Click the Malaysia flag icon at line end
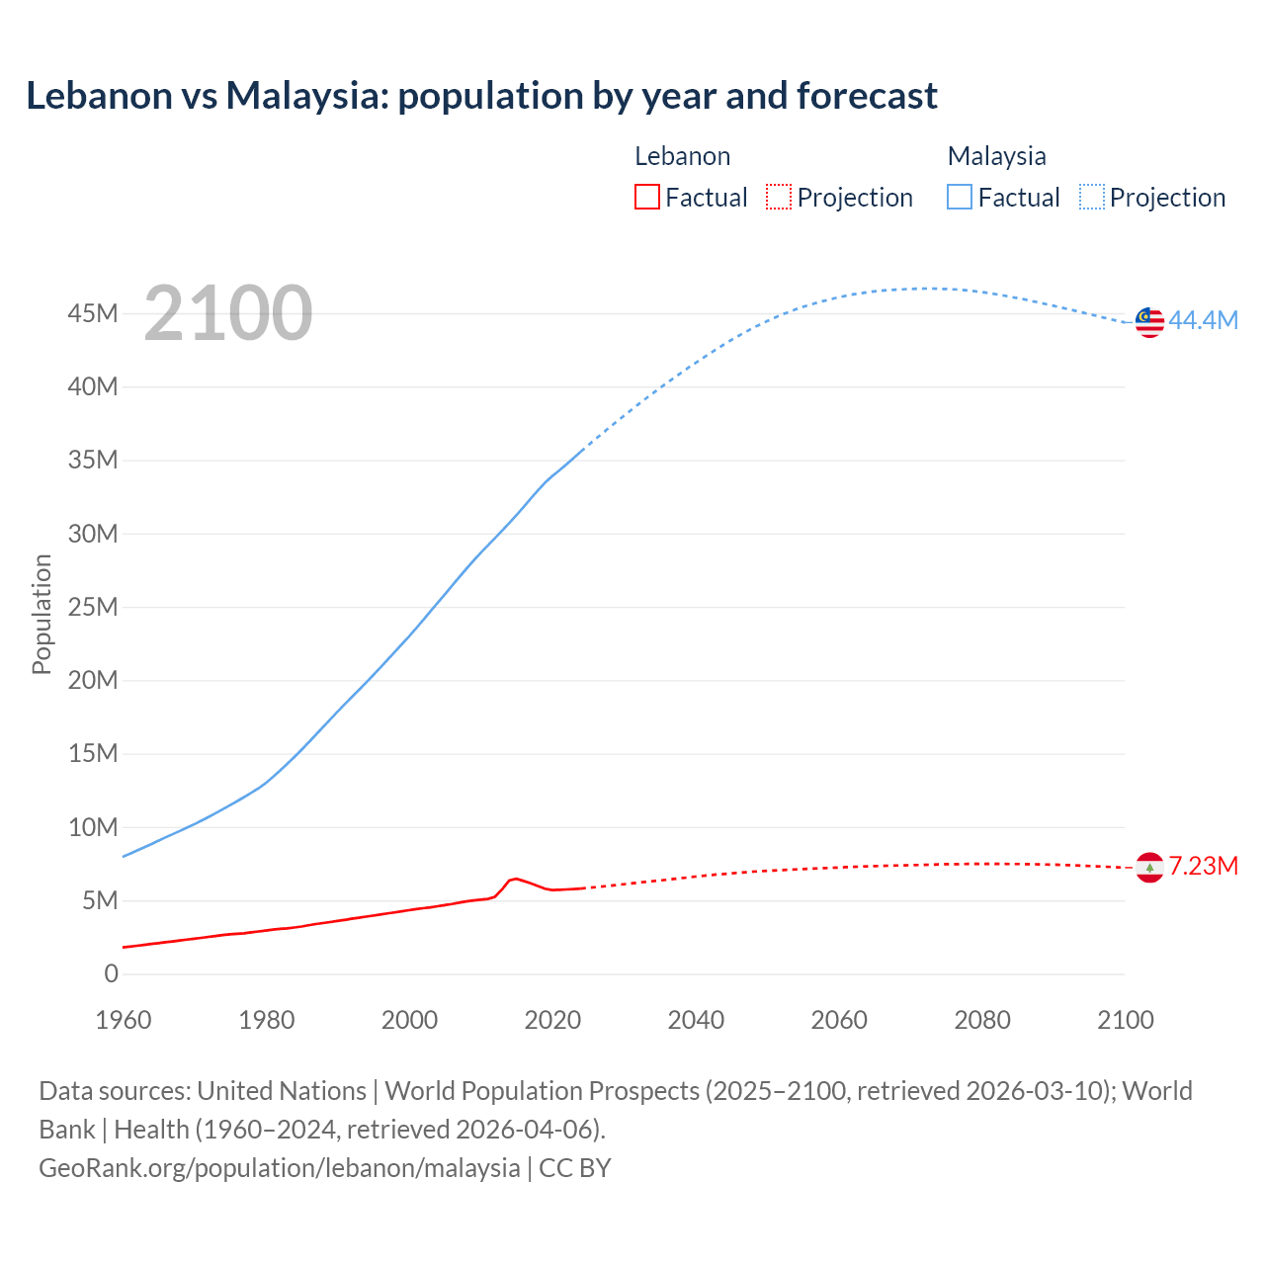click(x=1149, y=321)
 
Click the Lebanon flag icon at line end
click(x=1149, y=867)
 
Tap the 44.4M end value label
click(x=1203, y=320)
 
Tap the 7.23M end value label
click(x=1203, y=867)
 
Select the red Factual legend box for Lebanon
click(x=646, y=198)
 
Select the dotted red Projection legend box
click(x=779, y=198)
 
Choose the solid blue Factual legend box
click(x=960, y=198)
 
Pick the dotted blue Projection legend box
click(x=1091, y=198)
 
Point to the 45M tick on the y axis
click(x=92, y=314)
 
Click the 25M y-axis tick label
click(x=92, y=607)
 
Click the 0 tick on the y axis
click(x=111, y=973)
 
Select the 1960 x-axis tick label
click(x=124, y=1020)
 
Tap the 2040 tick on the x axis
click(x=696, y=1020)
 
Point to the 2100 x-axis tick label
click(x=1126, y=1020)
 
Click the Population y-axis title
click(x=42, y=614)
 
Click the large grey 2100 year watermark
click(x=228, y=313)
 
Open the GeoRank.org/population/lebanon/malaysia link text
click(x=279, y=1168)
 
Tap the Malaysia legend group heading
click(x=996, y=156)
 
